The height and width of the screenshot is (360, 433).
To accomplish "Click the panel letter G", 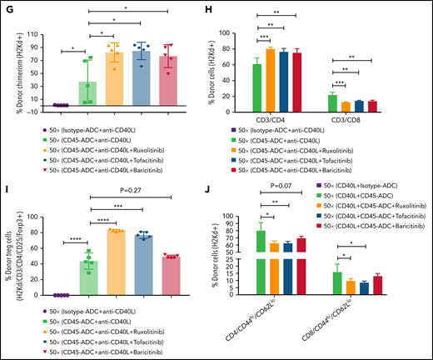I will tap(7, 7).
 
